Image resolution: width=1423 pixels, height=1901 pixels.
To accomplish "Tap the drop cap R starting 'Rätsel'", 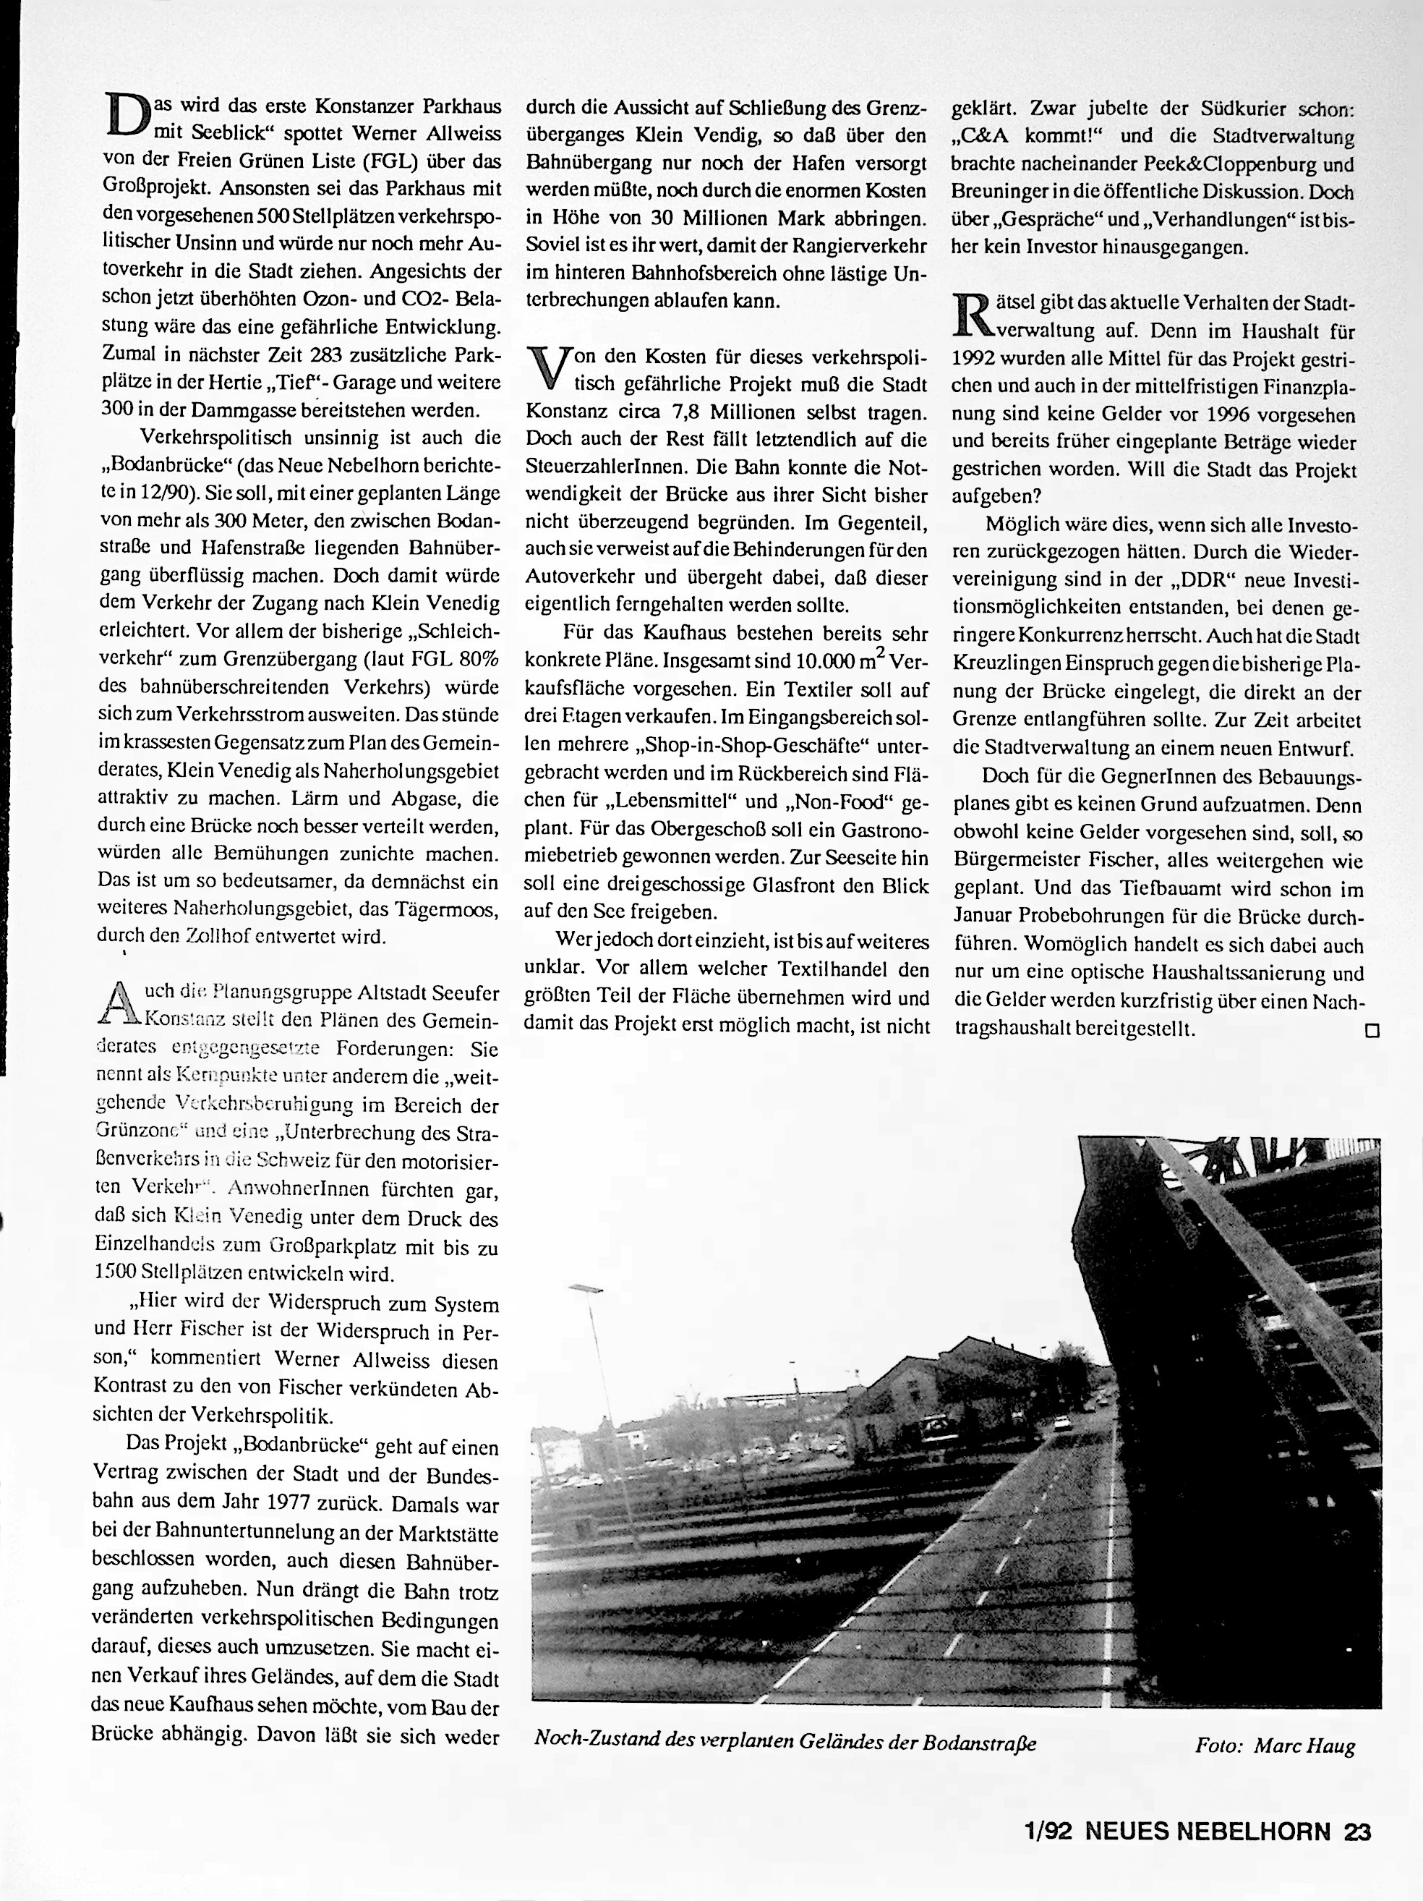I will (971, 315).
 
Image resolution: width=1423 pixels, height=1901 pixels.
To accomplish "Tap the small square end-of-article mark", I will (1372, 1030).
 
